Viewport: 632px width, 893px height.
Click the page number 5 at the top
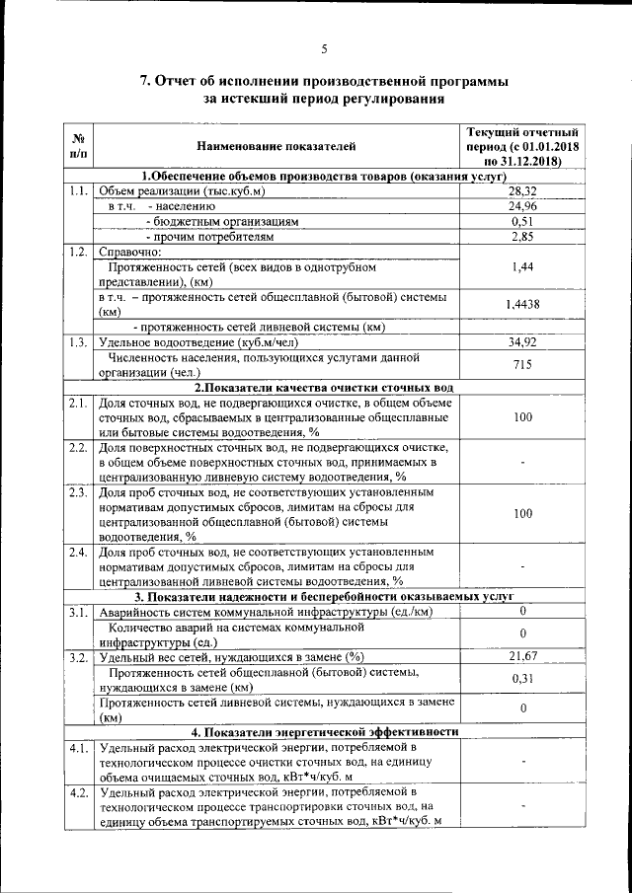pos(324,49)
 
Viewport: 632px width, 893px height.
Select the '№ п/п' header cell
pos(79,147)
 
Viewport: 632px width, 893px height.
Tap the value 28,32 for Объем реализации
pos(522,190)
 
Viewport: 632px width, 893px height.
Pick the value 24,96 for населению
pos(522,206)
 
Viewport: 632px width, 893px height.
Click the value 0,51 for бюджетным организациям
pos(522,222)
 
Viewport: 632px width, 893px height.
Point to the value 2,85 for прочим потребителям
pos(522,238)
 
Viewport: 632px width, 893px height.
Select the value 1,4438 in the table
pos(522,304)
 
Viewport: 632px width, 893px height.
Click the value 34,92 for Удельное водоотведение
pos(522,342)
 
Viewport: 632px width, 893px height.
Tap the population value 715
pos(522,365)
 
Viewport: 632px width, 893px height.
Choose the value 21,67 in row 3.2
pos(522,656)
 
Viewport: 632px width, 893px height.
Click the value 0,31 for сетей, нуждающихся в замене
pos(522,679)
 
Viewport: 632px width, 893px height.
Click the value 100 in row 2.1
pos(522,417)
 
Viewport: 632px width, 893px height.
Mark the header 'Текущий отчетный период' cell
pos(522,146)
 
